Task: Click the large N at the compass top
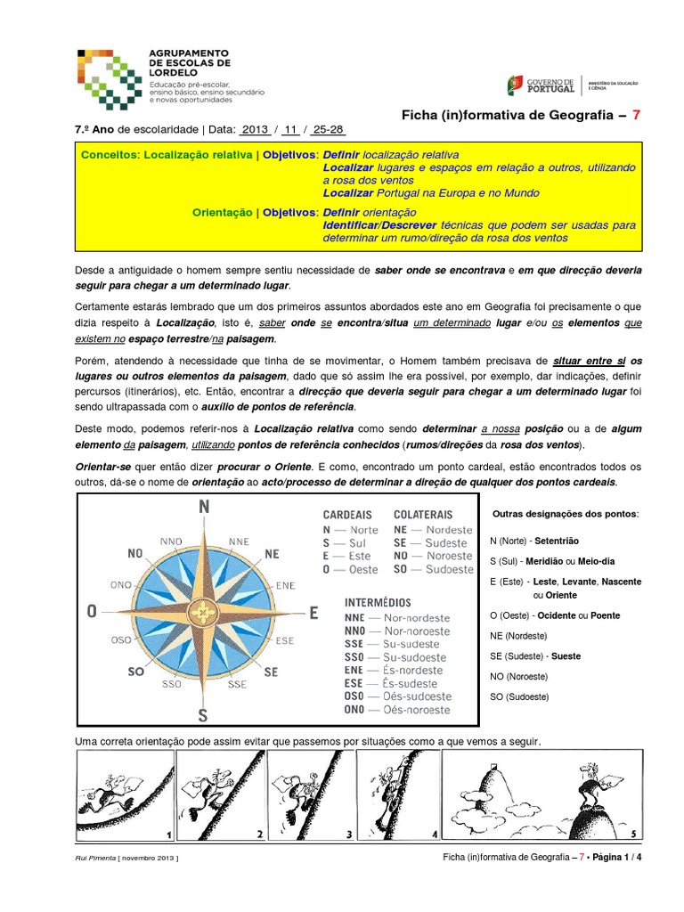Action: (x=204, y=508)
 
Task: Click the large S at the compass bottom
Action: (x=203, y=715)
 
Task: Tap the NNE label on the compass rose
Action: (x=239, y=541)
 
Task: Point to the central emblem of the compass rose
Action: (x=204, y=612)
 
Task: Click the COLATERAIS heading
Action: (x=423, y=515)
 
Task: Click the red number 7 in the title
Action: (x=636, y=115)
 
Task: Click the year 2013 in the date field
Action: (x=255, y=129)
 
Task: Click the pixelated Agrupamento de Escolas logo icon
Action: (x=106, y=75)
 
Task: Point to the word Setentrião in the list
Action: (x=558, y=541)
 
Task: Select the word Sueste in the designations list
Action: (x=566, y=656)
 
